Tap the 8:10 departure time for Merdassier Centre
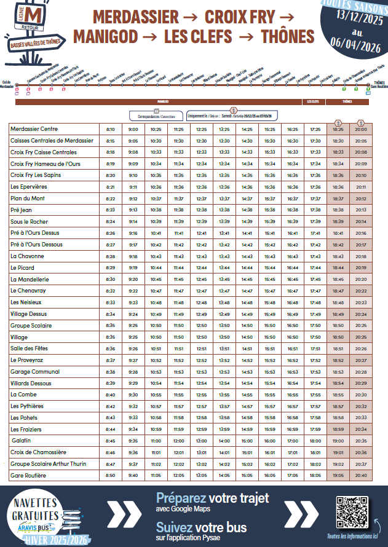(x=111, y=130)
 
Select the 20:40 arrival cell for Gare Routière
(x=361, y=475)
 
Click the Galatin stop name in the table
(x=21, y=441)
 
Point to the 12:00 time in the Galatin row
(x=178, y=441)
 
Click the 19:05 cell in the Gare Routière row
(x=338, y=475)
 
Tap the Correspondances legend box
(x=156, y=116)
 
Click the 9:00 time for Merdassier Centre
(x=133, y=130)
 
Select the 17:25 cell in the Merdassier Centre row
(x=315, y=130)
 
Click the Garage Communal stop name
(x=35, y=372)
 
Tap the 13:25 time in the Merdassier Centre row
(x=224, y=130)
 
